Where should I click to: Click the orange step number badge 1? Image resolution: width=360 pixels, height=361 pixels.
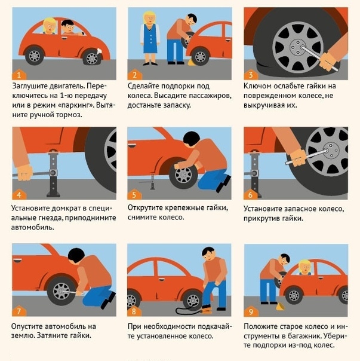click(x=19, y=75)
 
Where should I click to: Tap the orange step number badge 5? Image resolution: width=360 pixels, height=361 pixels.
click(x=134, y=195)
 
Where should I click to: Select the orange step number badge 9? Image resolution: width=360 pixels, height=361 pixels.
click(x=251, y=311)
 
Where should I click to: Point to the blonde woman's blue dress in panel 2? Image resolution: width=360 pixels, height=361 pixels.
click(x=150, y=39)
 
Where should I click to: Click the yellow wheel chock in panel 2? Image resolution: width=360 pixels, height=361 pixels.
click(x=190, y=62)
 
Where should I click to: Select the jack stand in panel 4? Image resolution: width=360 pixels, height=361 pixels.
click(x=53, y=173)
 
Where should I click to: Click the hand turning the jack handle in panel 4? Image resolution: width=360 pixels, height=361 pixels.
click(x=24, y=173)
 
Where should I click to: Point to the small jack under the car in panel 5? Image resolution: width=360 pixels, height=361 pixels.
click(x=152, y=182)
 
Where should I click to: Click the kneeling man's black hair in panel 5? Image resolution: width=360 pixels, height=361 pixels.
click(x=192, y=139)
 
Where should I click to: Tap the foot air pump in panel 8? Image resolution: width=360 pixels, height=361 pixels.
click(x=206, y=309)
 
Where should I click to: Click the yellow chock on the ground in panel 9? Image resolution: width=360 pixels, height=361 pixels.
click(x=280, y=307)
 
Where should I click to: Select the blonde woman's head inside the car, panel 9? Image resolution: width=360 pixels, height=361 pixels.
click(x=305, y=267)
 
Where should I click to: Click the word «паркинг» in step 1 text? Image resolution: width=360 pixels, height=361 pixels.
click(x=76, y=105)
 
